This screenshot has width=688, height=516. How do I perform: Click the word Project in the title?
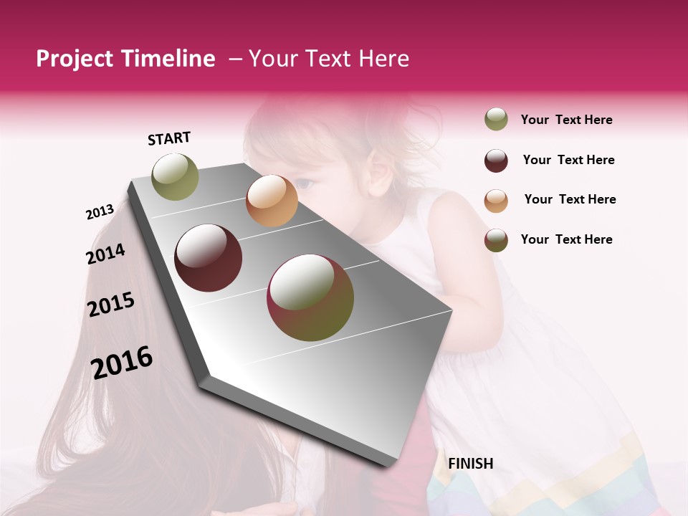73,59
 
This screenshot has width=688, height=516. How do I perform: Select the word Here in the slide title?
383,59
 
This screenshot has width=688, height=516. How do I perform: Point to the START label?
169,138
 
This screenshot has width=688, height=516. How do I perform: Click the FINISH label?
470,464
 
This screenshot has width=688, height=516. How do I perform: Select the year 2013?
100,212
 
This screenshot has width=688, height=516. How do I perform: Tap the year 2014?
105,254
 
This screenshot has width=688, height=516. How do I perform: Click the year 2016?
122,363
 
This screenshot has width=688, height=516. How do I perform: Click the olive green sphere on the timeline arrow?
175,176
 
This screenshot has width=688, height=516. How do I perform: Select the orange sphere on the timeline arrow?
272,201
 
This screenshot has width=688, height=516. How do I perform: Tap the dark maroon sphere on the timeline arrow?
208,258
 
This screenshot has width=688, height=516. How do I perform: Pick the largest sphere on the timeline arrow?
310,297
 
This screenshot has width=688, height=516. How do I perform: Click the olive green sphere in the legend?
496,120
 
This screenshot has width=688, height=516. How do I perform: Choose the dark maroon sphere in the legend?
496,161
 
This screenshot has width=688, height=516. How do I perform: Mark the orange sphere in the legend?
496,201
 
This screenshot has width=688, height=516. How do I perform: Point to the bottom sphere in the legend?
496,240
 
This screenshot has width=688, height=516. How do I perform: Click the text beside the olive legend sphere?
566,120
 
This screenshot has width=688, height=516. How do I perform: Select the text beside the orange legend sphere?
570,199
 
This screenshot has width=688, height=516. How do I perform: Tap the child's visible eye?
305,184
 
